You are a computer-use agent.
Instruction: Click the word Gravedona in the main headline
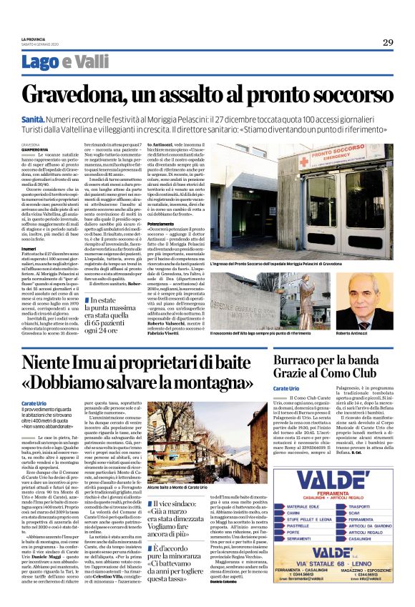point(94,96)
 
